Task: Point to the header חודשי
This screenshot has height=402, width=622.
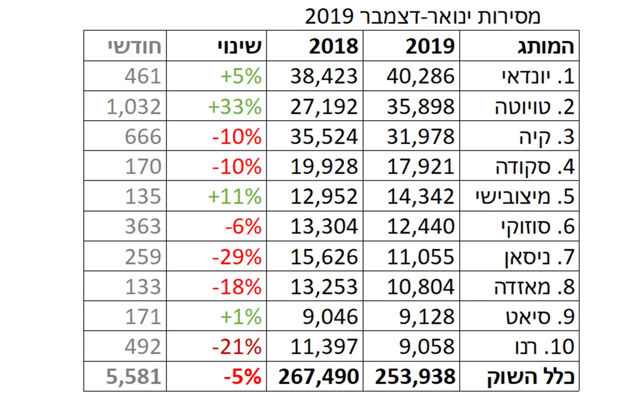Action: (135, 46)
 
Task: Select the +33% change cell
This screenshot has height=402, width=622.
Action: (234, 106)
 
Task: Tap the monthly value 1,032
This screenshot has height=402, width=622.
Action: (134, 106)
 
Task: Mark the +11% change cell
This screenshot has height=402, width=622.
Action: (234, 196)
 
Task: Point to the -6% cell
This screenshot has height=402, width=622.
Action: (243, 226)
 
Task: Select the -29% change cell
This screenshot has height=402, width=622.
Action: (237, 257)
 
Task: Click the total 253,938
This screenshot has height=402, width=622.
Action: (416, 376)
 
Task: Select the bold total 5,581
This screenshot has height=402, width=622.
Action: (134, 376)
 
